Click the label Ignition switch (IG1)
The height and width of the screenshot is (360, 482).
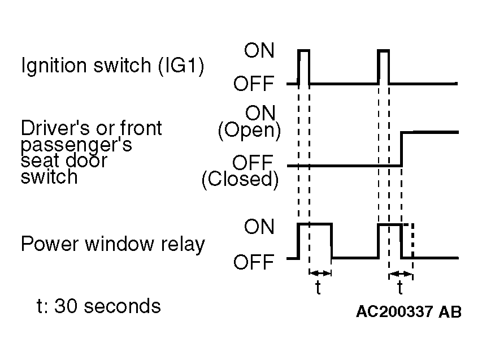click(112, 66)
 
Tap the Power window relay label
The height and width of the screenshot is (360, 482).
click(113, 244)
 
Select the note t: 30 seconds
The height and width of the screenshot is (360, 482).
click(99, 306)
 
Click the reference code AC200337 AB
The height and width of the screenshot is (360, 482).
click(409, 311)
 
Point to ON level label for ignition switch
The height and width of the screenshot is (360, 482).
click(259, 50)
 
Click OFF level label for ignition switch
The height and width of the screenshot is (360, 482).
click(254, 83)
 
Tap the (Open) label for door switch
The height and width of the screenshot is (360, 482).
click(249, 131)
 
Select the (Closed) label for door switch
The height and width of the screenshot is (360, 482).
click(240, 179)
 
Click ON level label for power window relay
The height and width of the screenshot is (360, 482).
click(259, 227)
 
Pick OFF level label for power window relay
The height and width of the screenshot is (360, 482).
click(254, 262)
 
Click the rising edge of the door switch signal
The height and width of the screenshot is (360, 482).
click(401, 149)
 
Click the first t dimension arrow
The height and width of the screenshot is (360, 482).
click(320, 273)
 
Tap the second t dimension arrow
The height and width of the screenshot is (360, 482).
click(401, 274)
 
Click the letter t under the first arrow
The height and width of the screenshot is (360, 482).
click(318, 288)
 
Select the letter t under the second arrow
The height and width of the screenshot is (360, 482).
click(400, 288)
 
